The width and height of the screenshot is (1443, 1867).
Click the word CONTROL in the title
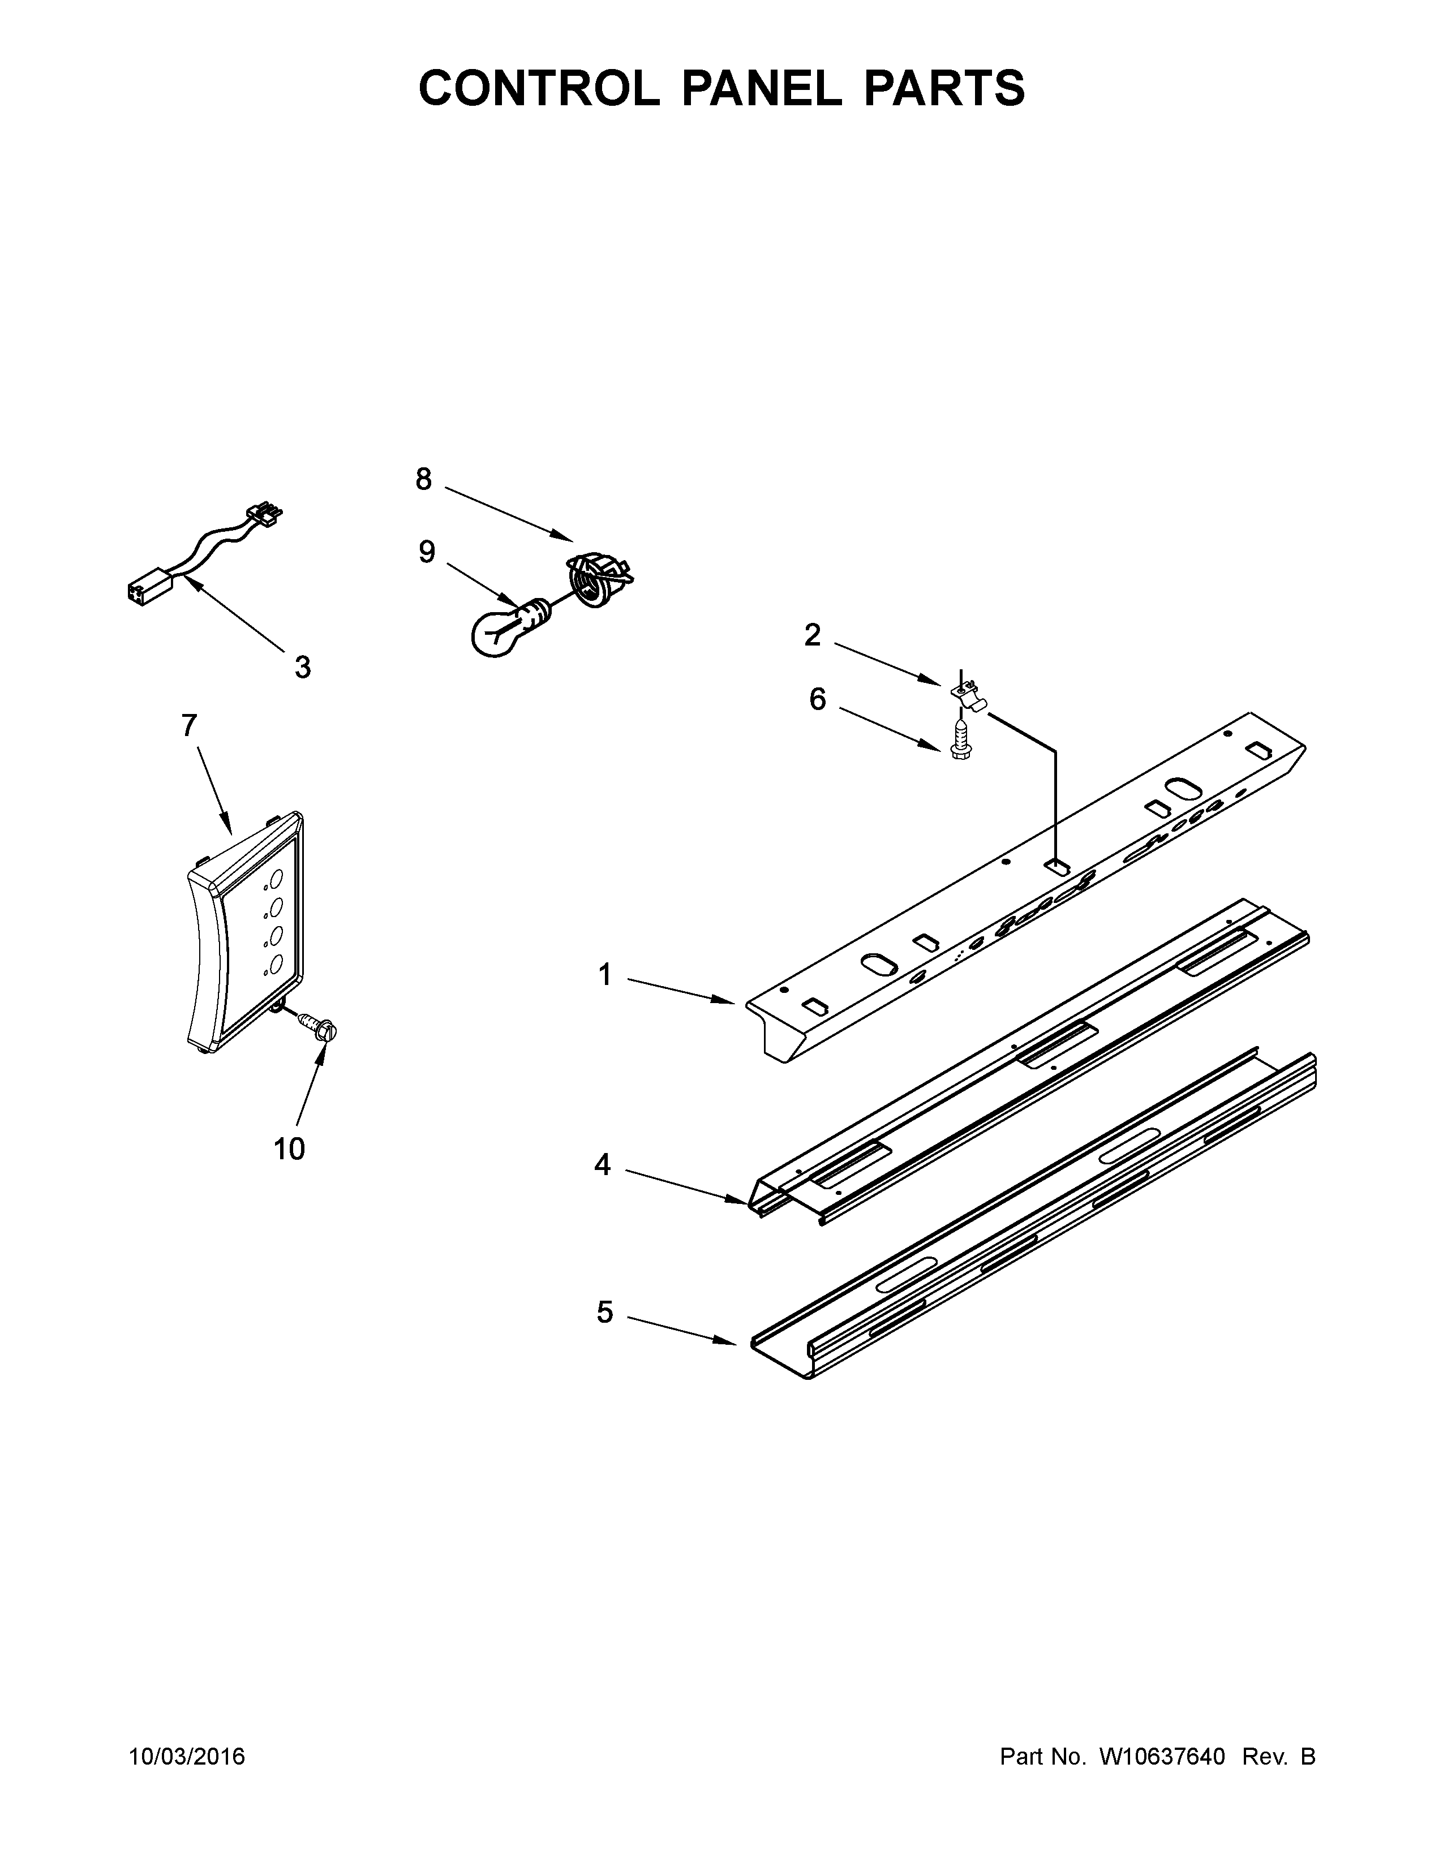click(539, 88)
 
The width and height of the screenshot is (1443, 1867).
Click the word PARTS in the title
click(944, 88)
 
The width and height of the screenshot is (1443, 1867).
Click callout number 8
click(423, 480)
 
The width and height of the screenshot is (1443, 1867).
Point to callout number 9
click(427, 552)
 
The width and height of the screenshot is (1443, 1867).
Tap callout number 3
click(303, 667)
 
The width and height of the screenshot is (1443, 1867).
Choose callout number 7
click(190, 726)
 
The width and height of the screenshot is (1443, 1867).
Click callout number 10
click(289, 1149)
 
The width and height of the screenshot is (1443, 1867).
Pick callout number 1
click(605, 975)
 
